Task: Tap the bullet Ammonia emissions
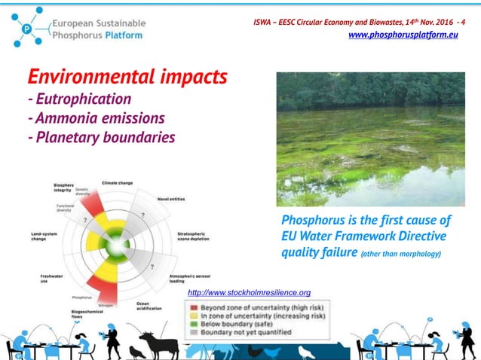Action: [96, 117]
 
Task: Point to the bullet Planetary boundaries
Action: [101, 137]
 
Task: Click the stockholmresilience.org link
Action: [249, 292]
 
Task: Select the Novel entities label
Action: [170, 200]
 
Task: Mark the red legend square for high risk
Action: [194, 307]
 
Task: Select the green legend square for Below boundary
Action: [194, 325]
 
